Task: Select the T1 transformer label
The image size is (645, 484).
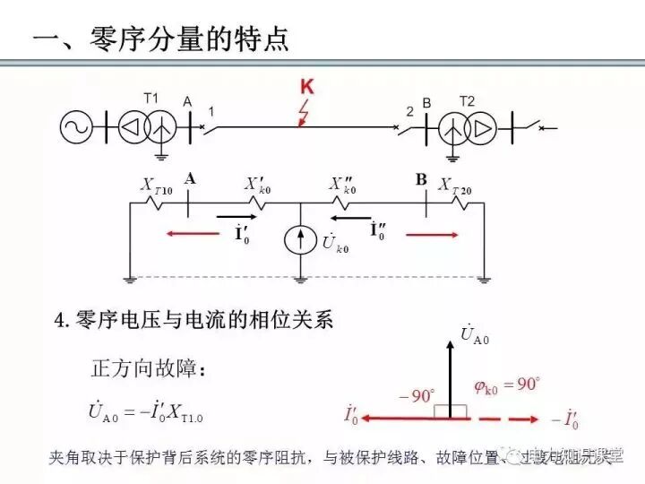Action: [150, 99]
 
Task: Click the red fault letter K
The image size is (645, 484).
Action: [307, 87]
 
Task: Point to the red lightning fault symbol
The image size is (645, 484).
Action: [304, 114]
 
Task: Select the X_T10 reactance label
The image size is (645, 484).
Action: [157, 185]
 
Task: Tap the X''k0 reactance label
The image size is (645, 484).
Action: [343, 185]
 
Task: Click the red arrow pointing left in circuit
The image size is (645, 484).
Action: [191, 235]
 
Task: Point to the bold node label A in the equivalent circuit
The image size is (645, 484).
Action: [190, 179]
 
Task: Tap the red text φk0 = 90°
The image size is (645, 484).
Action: [506, 385]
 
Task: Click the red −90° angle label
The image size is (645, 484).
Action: [417, 394]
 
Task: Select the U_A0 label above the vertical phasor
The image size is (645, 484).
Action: [475, 334]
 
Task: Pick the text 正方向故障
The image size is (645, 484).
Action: [149, 368]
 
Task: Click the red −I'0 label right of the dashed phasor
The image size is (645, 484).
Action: [563, 419]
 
